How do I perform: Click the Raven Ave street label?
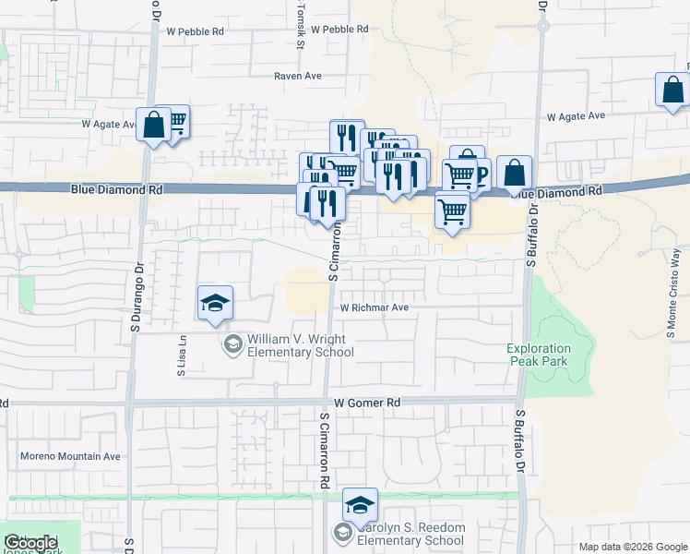297,77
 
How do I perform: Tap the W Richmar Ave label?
374,307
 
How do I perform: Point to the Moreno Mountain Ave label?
71,456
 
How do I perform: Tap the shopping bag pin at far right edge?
672,90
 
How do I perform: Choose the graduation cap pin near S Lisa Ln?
215,304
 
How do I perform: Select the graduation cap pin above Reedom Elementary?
360,505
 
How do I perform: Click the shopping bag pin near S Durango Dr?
153,126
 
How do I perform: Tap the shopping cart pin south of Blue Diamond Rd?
452,210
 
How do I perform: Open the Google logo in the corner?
30,543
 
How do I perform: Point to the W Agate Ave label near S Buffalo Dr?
575,116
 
